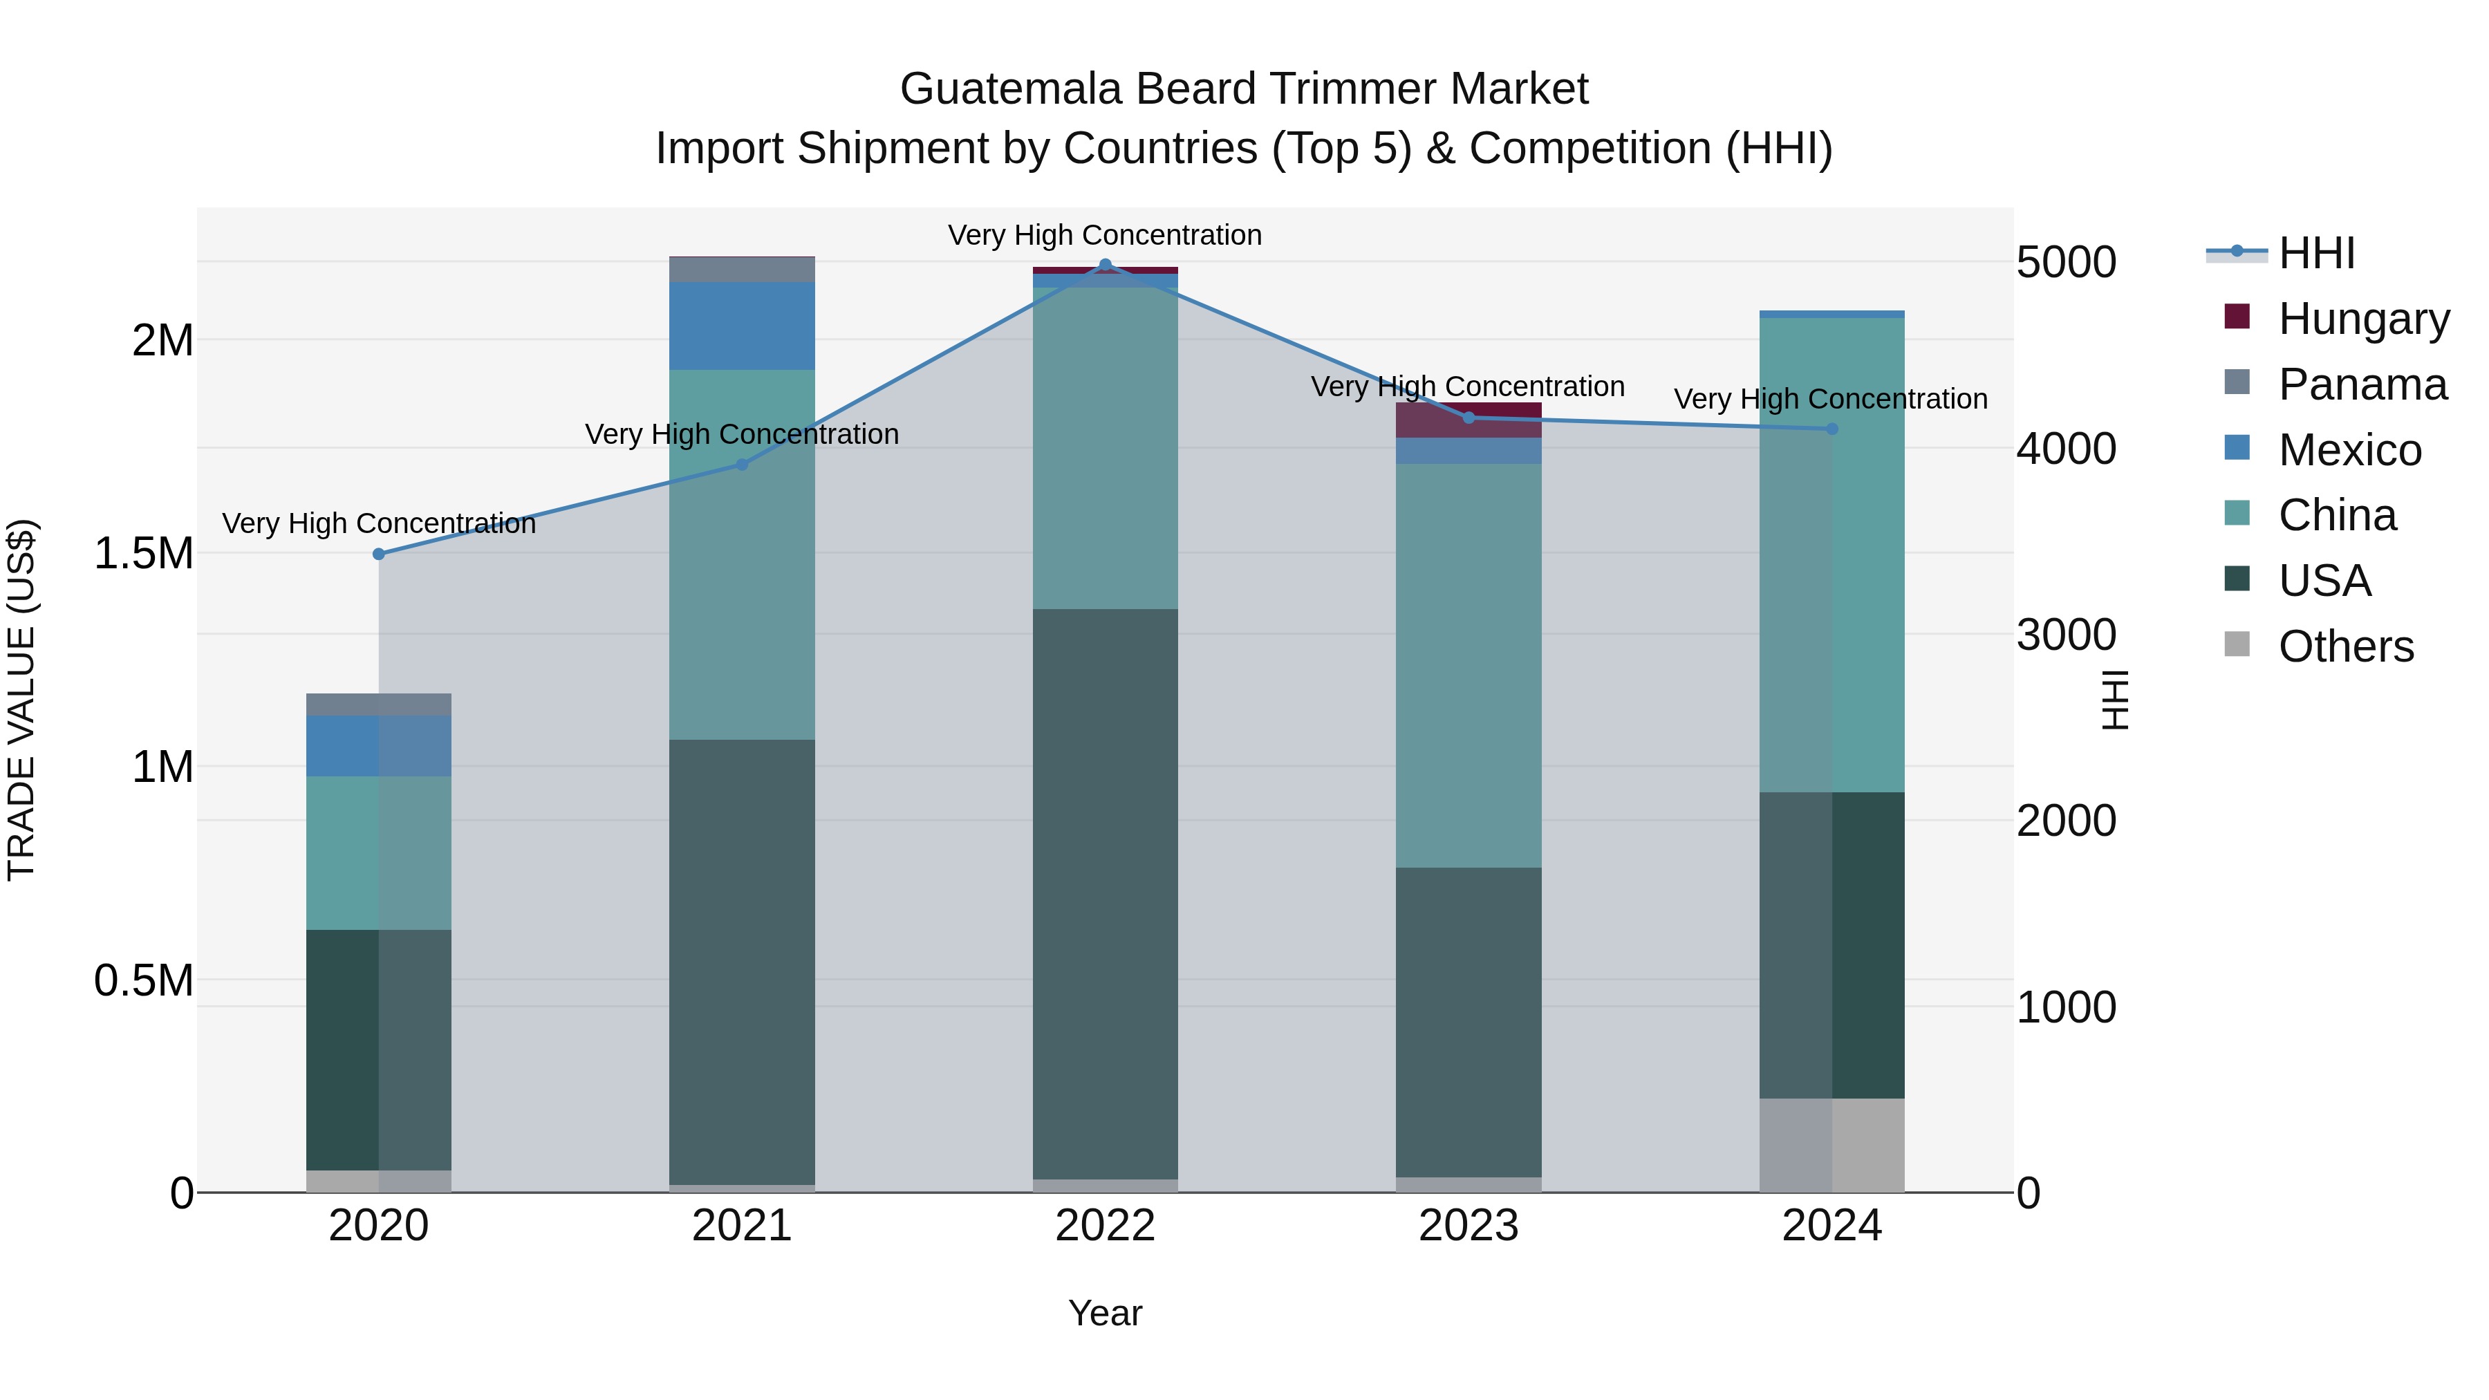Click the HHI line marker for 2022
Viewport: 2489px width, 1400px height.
[x=1106, y=265]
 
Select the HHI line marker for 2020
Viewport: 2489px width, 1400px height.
[x=379, y=554]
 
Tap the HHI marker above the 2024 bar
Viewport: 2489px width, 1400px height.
[x=1832, y=429]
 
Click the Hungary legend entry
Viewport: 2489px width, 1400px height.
[x=2362, y=319]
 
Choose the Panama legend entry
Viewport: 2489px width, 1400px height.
[x=2362, y=384]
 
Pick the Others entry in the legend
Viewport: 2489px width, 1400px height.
[x=2345, y=646]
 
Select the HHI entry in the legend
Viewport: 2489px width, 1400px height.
[x=2316, y=253]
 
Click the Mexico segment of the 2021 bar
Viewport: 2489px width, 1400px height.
[x=742, y=326]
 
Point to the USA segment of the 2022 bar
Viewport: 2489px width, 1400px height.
[x=1106, y=894]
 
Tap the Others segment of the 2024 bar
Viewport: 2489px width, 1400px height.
[x=1832, y=1145]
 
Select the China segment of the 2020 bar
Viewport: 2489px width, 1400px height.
[x=379, y=852]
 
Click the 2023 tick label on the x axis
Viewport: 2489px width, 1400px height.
[x=1469, y=1226]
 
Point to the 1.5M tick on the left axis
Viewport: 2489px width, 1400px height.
[x=143, y=554]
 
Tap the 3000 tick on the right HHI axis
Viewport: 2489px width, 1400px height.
[x=2066, y=635]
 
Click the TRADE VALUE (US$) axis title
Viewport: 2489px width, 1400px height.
[x=21, y=700]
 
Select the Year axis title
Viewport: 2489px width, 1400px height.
[x=1106, y=1313]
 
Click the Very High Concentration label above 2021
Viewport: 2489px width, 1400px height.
[x=742, y=433]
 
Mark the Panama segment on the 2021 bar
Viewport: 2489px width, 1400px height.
[x=742, y=270]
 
